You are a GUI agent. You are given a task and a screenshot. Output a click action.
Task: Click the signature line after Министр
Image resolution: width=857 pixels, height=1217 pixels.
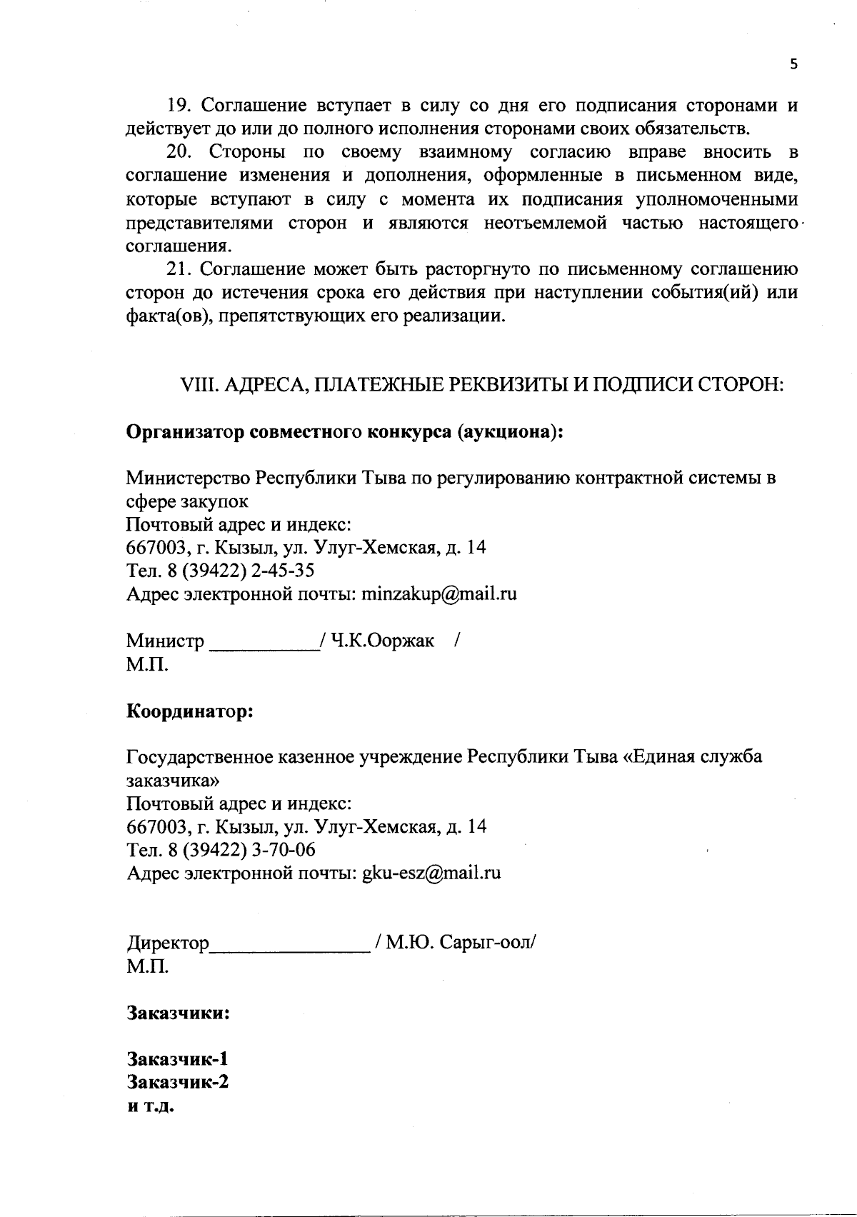[x=264, y=645]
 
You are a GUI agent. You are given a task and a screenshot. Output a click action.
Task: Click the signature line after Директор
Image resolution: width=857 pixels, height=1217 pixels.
[x=289, y=947]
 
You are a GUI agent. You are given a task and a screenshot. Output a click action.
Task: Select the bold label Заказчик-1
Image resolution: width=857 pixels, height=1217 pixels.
[x=178, y=1058]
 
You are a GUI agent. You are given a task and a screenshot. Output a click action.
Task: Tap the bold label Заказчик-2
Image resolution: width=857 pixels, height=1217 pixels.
[x=178, y=1081]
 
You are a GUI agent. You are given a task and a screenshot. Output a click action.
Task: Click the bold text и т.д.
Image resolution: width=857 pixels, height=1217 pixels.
[x=151, y=1106]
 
